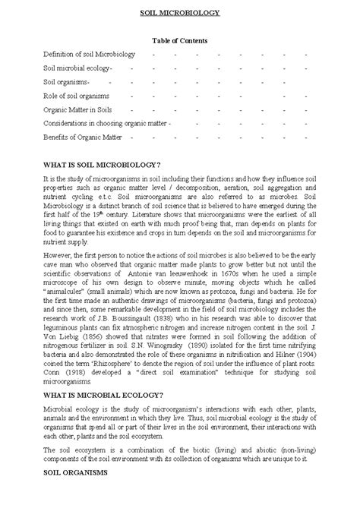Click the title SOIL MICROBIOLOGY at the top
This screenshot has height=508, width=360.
coord(180,13)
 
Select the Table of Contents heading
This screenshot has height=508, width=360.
coord(180,40)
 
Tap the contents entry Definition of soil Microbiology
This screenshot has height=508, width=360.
coord(89,55)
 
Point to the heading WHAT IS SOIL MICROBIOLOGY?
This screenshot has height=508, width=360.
coord(102,164)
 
